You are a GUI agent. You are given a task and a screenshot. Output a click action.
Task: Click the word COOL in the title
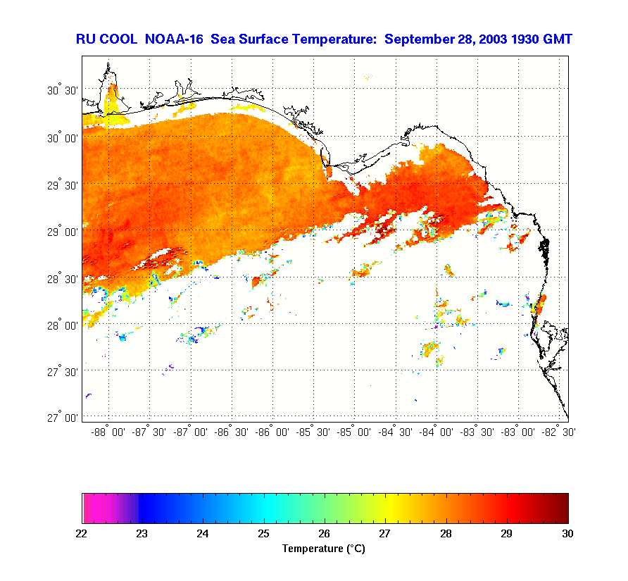pos(124,39)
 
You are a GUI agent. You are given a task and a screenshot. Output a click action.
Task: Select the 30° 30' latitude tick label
pos(62,91)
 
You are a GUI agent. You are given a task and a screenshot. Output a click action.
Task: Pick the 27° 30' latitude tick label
pos(62,371)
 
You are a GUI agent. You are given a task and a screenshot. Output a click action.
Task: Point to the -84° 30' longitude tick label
pos(396,432)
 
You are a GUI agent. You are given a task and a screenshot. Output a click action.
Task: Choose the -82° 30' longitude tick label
pos(558,432)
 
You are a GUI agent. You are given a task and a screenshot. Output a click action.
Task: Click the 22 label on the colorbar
pos(82,534)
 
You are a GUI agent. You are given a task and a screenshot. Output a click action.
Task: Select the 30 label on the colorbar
pos(567,534)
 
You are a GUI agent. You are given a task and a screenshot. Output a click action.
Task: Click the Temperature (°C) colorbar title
pos(323,549)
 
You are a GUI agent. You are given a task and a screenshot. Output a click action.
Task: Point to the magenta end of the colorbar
pos(88,508)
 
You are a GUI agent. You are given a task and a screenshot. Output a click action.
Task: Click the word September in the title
pos(418,39)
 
